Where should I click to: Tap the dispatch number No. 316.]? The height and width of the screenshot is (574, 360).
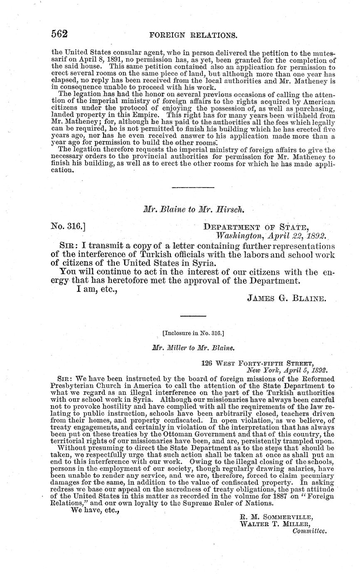[68, 227]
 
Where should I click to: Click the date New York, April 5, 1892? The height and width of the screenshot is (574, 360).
[286, 370]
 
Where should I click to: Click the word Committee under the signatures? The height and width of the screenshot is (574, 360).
[310, 531]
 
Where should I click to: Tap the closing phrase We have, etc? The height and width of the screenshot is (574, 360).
[95, 510]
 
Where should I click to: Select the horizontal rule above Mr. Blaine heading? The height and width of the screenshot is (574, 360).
[187, 188]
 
